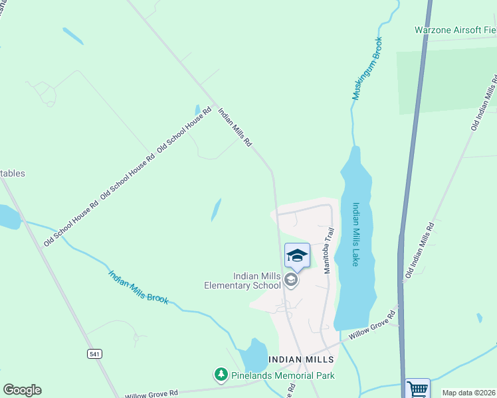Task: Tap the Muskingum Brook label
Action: tap(367, 68)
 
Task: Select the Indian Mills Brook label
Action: tap(138, 287)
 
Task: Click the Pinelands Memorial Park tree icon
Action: tap(221, 375)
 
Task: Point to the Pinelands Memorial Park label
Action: tap(282, 375)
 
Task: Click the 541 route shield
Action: tap(94, 354)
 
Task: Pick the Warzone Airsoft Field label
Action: tap(455, 30)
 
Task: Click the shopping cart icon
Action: tap(418, 388)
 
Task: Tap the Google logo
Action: tap(22, 390)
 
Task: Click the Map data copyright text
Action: tap(468, 393)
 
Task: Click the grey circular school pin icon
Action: tap(290, 281)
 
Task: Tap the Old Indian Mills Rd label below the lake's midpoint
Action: tap(421, 251)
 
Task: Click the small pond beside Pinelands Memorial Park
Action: tap(254, 356)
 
